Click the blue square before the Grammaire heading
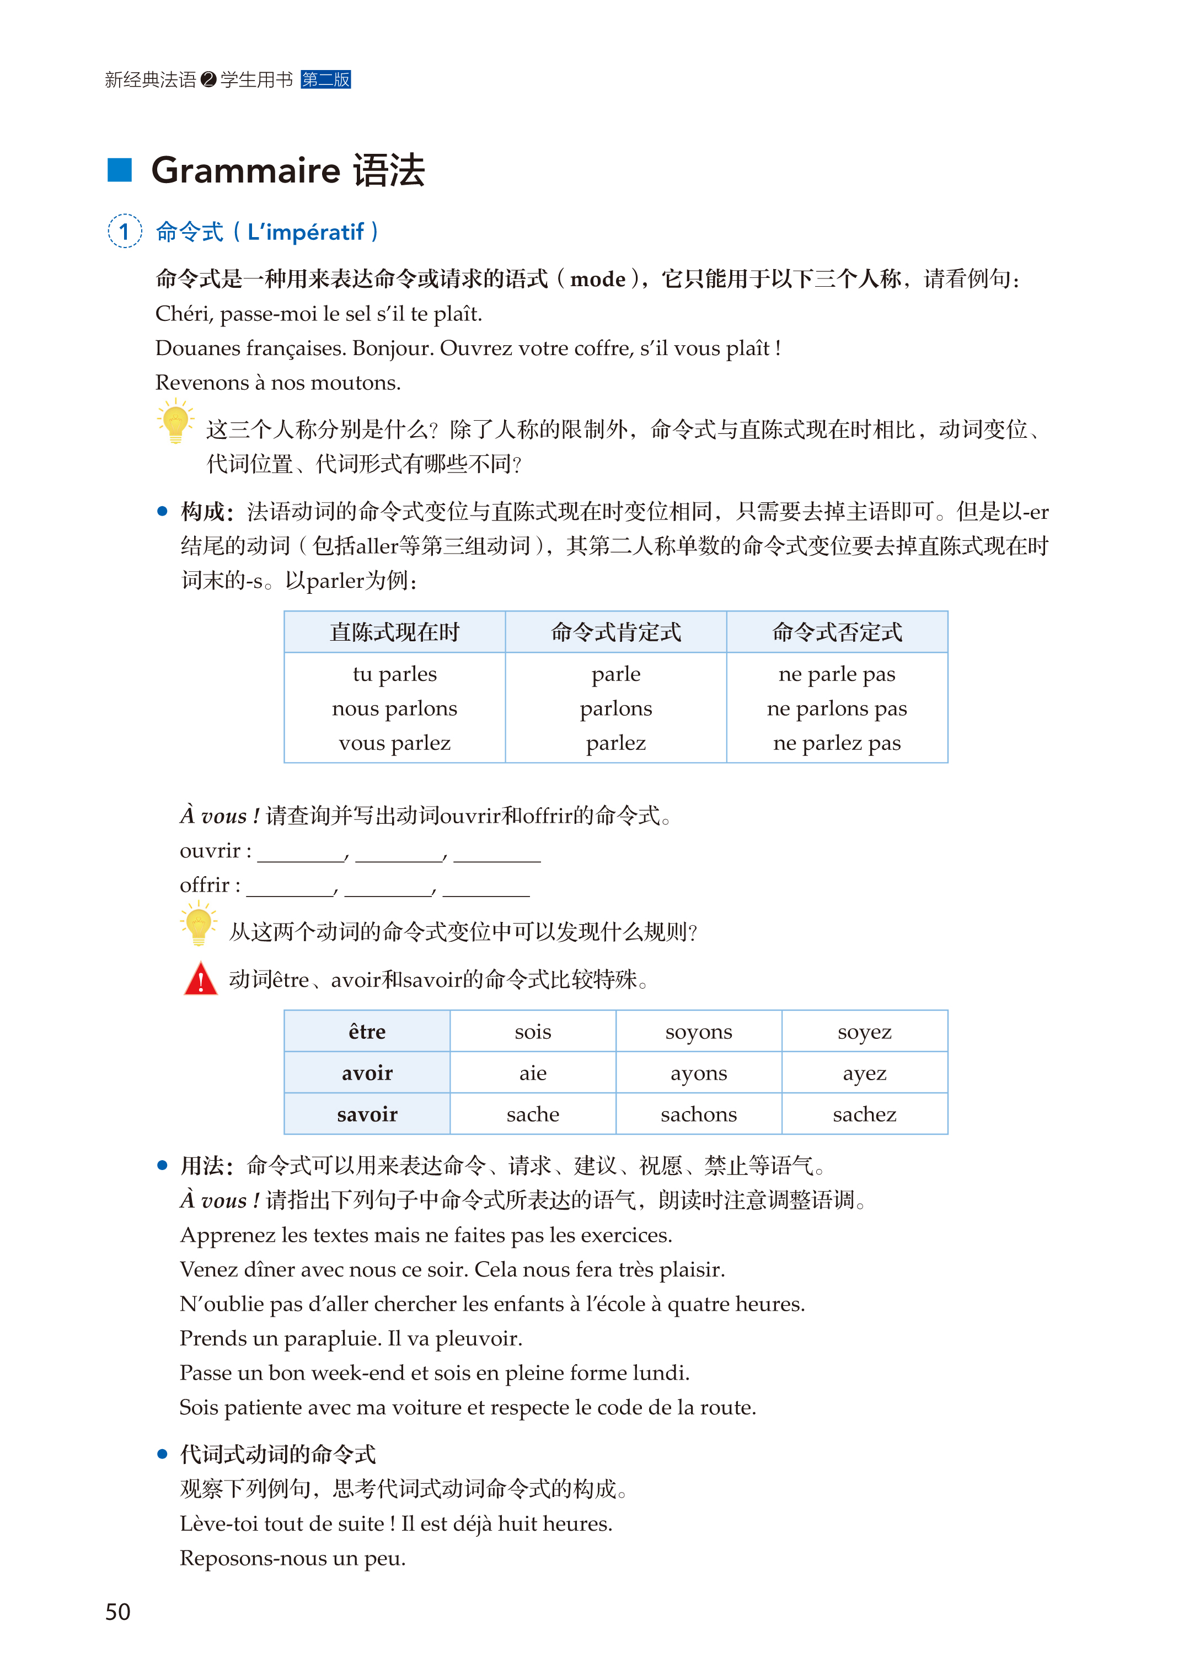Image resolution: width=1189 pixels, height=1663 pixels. [x=119, y=170]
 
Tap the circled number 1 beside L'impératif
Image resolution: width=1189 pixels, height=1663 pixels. [x=125, y=231]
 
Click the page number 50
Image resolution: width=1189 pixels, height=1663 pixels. [x=118, y=1611]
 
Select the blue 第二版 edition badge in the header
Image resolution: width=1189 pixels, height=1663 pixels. [x=326, y=79]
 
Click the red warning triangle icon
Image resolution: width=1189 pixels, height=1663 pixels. [x=201, y=979]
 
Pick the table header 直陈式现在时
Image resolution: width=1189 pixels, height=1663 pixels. [x=395, y=632]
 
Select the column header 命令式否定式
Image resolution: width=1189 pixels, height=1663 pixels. [x=837, y=632]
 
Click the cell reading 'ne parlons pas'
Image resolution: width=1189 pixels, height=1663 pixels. [x=837, y=709]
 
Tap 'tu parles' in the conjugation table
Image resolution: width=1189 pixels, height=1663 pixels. [x=395, y=674]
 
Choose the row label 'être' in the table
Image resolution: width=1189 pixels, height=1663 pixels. [x=367, y=1031]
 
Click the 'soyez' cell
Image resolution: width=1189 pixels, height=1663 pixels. [x=864, y=1031]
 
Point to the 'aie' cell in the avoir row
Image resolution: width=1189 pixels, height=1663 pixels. [x=532, y=1073]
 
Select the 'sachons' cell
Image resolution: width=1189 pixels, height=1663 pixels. [x=699, y=1114]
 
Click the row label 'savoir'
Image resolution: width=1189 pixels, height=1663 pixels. [x=367, y=1114]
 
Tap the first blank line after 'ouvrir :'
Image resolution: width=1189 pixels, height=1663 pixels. [x=301, y=856]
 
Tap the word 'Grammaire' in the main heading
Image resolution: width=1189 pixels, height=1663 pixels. [x=245, y=170]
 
